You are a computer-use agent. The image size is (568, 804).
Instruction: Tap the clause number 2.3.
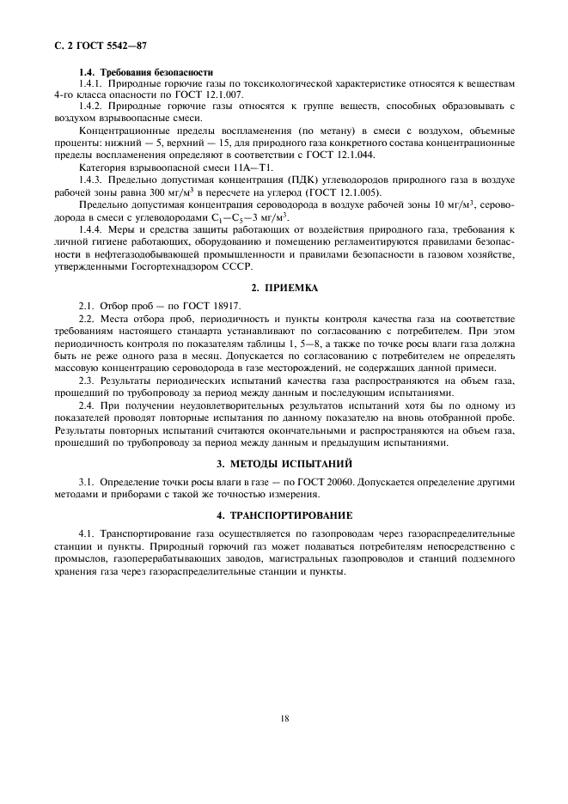(86, 380)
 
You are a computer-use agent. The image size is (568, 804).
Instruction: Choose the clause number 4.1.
(86, 534)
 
